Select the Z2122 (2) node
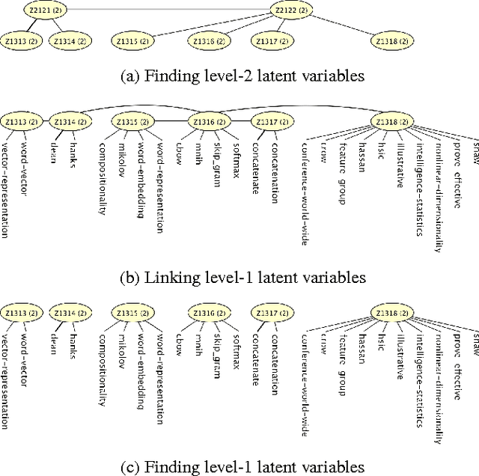coord(291,10)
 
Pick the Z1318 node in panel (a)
coord(394,42)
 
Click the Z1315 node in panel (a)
coord(134,42)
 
